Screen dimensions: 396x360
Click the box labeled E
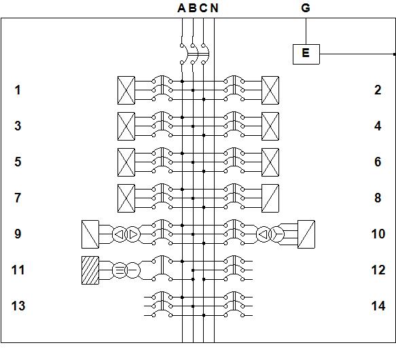point(306,54)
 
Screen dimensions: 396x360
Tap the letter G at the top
point(306,8)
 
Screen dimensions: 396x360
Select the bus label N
point(214,8)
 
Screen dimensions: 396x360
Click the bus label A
point(181,8)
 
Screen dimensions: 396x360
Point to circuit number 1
point(18,90)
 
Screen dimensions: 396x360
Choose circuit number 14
point(378,306)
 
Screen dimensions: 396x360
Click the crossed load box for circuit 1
point(126,90)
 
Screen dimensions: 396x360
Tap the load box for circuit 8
point(270,198)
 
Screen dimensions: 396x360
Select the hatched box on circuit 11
point(90,270)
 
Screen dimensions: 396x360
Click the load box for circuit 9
point(90,234)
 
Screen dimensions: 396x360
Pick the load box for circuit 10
point(306,234)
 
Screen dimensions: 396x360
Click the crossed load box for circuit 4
point(270,126)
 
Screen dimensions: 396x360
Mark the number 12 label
point(378,270)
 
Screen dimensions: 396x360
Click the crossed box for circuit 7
point(126,198)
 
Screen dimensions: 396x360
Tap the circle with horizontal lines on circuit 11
point(120,270)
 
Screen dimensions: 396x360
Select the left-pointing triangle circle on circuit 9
point(120,234)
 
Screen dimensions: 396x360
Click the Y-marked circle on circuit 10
point(277,234)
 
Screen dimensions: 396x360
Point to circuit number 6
point(378,162)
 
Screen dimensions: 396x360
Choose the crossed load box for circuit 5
point(126,162)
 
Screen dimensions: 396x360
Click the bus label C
point(203,8)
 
